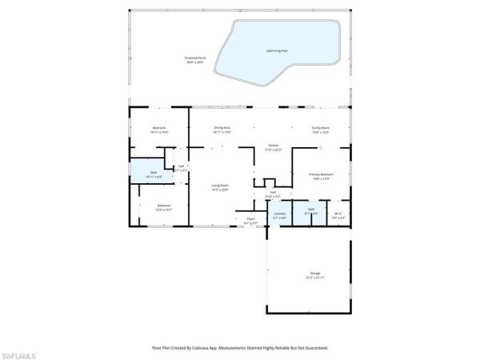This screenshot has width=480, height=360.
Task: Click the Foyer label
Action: pos(250,220)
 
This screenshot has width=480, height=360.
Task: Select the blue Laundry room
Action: pos(279,214)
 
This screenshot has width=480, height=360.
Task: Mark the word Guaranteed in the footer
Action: pos(312,348)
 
